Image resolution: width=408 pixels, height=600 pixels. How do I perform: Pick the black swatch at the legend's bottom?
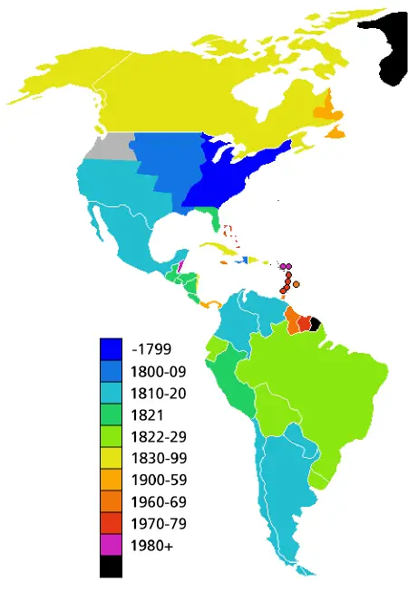111,567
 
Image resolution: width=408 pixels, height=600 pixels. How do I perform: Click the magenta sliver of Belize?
181,266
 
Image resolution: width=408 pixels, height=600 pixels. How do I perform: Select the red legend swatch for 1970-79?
111,524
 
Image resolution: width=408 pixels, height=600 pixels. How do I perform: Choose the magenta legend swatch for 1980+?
111,546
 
